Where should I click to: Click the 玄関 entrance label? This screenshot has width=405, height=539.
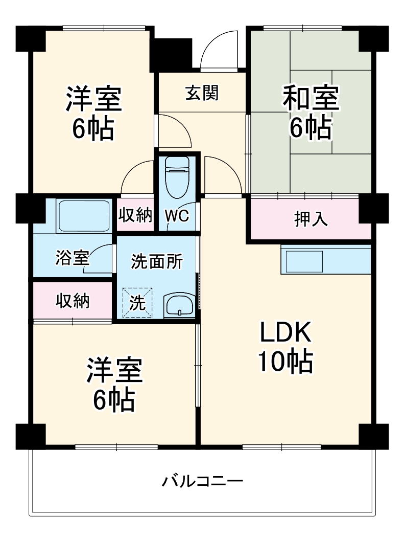(202, 94)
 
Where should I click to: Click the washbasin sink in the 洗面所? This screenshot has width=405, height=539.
(178, 305)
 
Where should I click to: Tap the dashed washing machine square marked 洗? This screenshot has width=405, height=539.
(137, 302)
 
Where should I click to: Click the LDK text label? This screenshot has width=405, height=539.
(285, 334)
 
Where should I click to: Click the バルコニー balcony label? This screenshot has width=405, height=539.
(203, 481)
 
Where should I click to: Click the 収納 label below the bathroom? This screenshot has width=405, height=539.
(73, 301)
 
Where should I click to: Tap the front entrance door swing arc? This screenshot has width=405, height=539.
(219, 49)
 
